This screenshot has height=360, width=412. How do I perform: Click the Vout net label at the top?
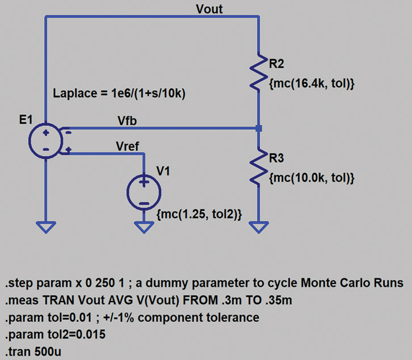tap(209, 9)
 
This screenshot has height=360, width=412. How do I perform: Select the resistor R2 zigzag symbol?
tap(258, 73)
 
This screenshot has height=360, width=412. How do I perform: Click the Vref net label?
tap(127, 145)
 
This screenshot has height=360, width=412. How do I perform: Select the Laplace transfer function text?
tap(119, 94)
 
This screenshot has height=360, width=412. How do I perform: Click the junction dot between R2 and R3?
tap(258, 129)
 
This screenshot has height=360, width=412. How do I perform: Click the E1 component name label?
tap(26, 120)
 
